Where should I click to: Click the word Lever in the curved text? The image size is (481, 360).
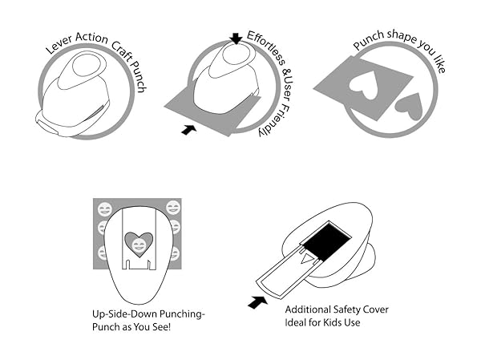tap(59, 45)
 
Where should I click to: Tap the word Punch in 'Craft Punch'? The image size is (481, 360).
tap(137, 76)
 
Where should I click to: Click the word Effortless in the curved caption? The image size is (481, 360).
tap(266, 47)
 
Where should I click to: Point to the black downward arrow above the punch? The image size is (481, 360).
tap(236, 38)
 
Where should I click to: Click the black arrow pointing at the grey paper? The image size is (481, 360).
tap(188, 130)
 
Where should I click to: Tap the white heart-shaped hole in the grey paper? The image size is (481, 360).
tap(363, 85)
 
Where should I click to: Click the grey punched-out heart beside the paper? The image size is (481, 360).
tap(409, 106)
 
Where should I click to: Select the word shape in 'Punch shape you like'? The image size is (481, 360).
tap(402, 36)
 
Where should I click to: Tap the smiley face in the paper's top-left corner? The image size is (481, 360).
tap(105, 209)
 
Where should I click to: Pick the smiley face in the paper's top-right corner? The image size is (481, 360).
tap(173, 207)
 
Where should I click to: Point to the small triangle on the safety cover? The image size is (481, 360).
tap(307, 259)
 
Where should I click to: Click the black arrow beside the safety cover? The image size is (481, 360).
tap(257, 302)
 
